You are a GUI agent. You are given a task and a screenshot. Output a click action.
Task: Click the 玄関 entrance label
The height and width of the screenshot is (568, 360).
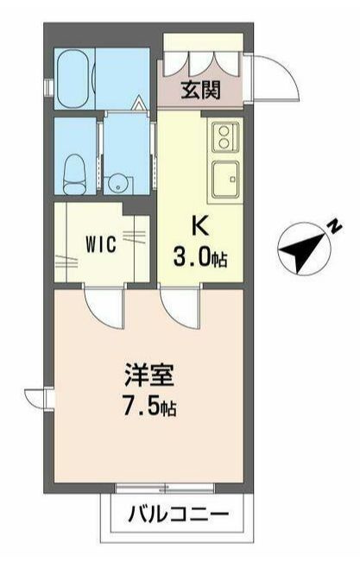coord(199,89)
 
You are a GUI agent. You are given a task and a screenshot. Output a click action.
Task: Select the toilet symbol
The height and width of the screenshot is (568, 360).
coord(75,164)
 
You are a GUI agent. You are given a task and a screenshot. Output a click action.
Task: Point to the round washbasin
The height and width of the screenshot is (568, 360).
coord(119,181)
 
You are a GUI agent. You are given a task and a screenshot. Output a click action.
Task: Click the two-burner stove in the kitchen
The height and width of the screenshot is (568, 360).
coord(224,136)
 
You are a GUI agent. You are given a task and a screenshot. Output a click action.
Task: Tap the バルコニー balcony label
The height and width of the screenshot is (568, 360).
coord(180,517)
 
